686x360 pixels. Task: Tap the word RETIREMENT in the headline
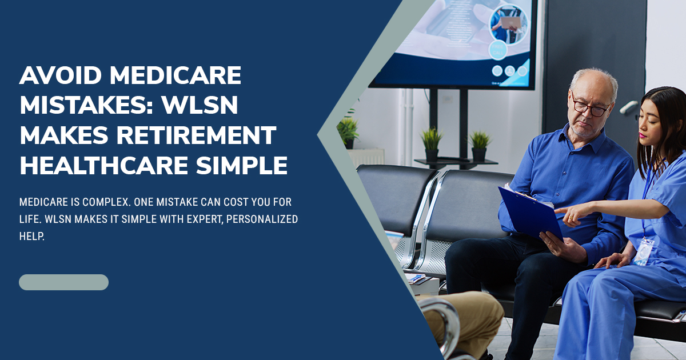pos(196,135)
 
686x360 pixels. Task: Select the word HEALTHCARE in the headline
pos(104,165)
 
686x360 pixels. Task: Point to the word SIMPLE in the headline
pos(242,165)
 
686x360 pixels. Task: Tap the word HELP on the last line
pos(32,237)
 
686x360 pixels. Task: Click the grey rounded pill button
pos(63,282)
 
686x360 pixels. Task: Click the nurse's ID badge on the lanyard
pos(644,251)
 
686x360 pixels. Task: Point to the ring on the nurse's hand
pos(571,218)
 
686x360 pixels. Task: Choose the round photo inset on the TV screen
pos(508,24)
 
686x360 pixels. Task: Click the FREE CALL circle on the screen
pos(497,50)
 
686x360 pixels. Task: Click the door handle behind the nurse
pos(628,106)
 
